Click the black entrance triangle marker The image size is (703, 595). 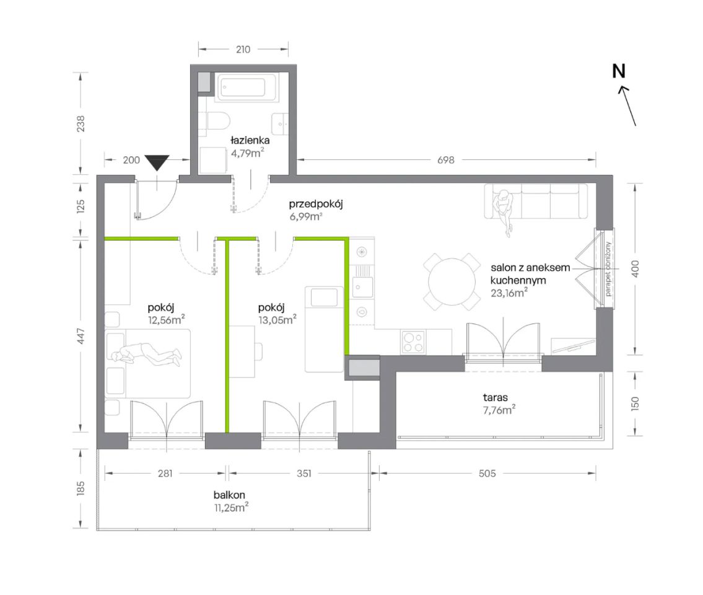coord(157,162)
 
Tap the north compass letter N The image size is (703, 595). coord(619,71)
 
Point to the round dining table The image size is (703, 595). coord(452,282)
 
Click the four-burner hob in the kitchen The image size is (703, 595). coord(413,342)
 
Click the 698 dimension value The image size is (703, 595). coord(446,160)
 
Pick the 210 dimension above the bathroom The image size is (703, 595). coord(243,50)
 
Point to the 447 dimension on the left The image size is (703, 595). coord(81,336)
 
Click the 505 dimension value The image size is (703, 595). coord(487,473)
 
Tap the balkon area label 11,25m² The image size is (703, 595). coord(231,508)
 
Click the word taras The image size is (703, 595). coord(496,397)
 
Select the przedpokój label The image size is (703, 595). coord(316,204)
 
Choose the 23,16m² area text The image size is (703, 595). coord(509,293)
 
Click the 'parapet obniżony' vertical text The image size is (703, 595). coord(608,269)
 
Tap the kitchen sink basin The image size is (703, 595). coord(362,287)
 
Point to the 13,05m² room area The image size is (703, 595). coord(277,319)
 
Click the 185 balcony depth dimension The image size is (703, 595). coord(81,488)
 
